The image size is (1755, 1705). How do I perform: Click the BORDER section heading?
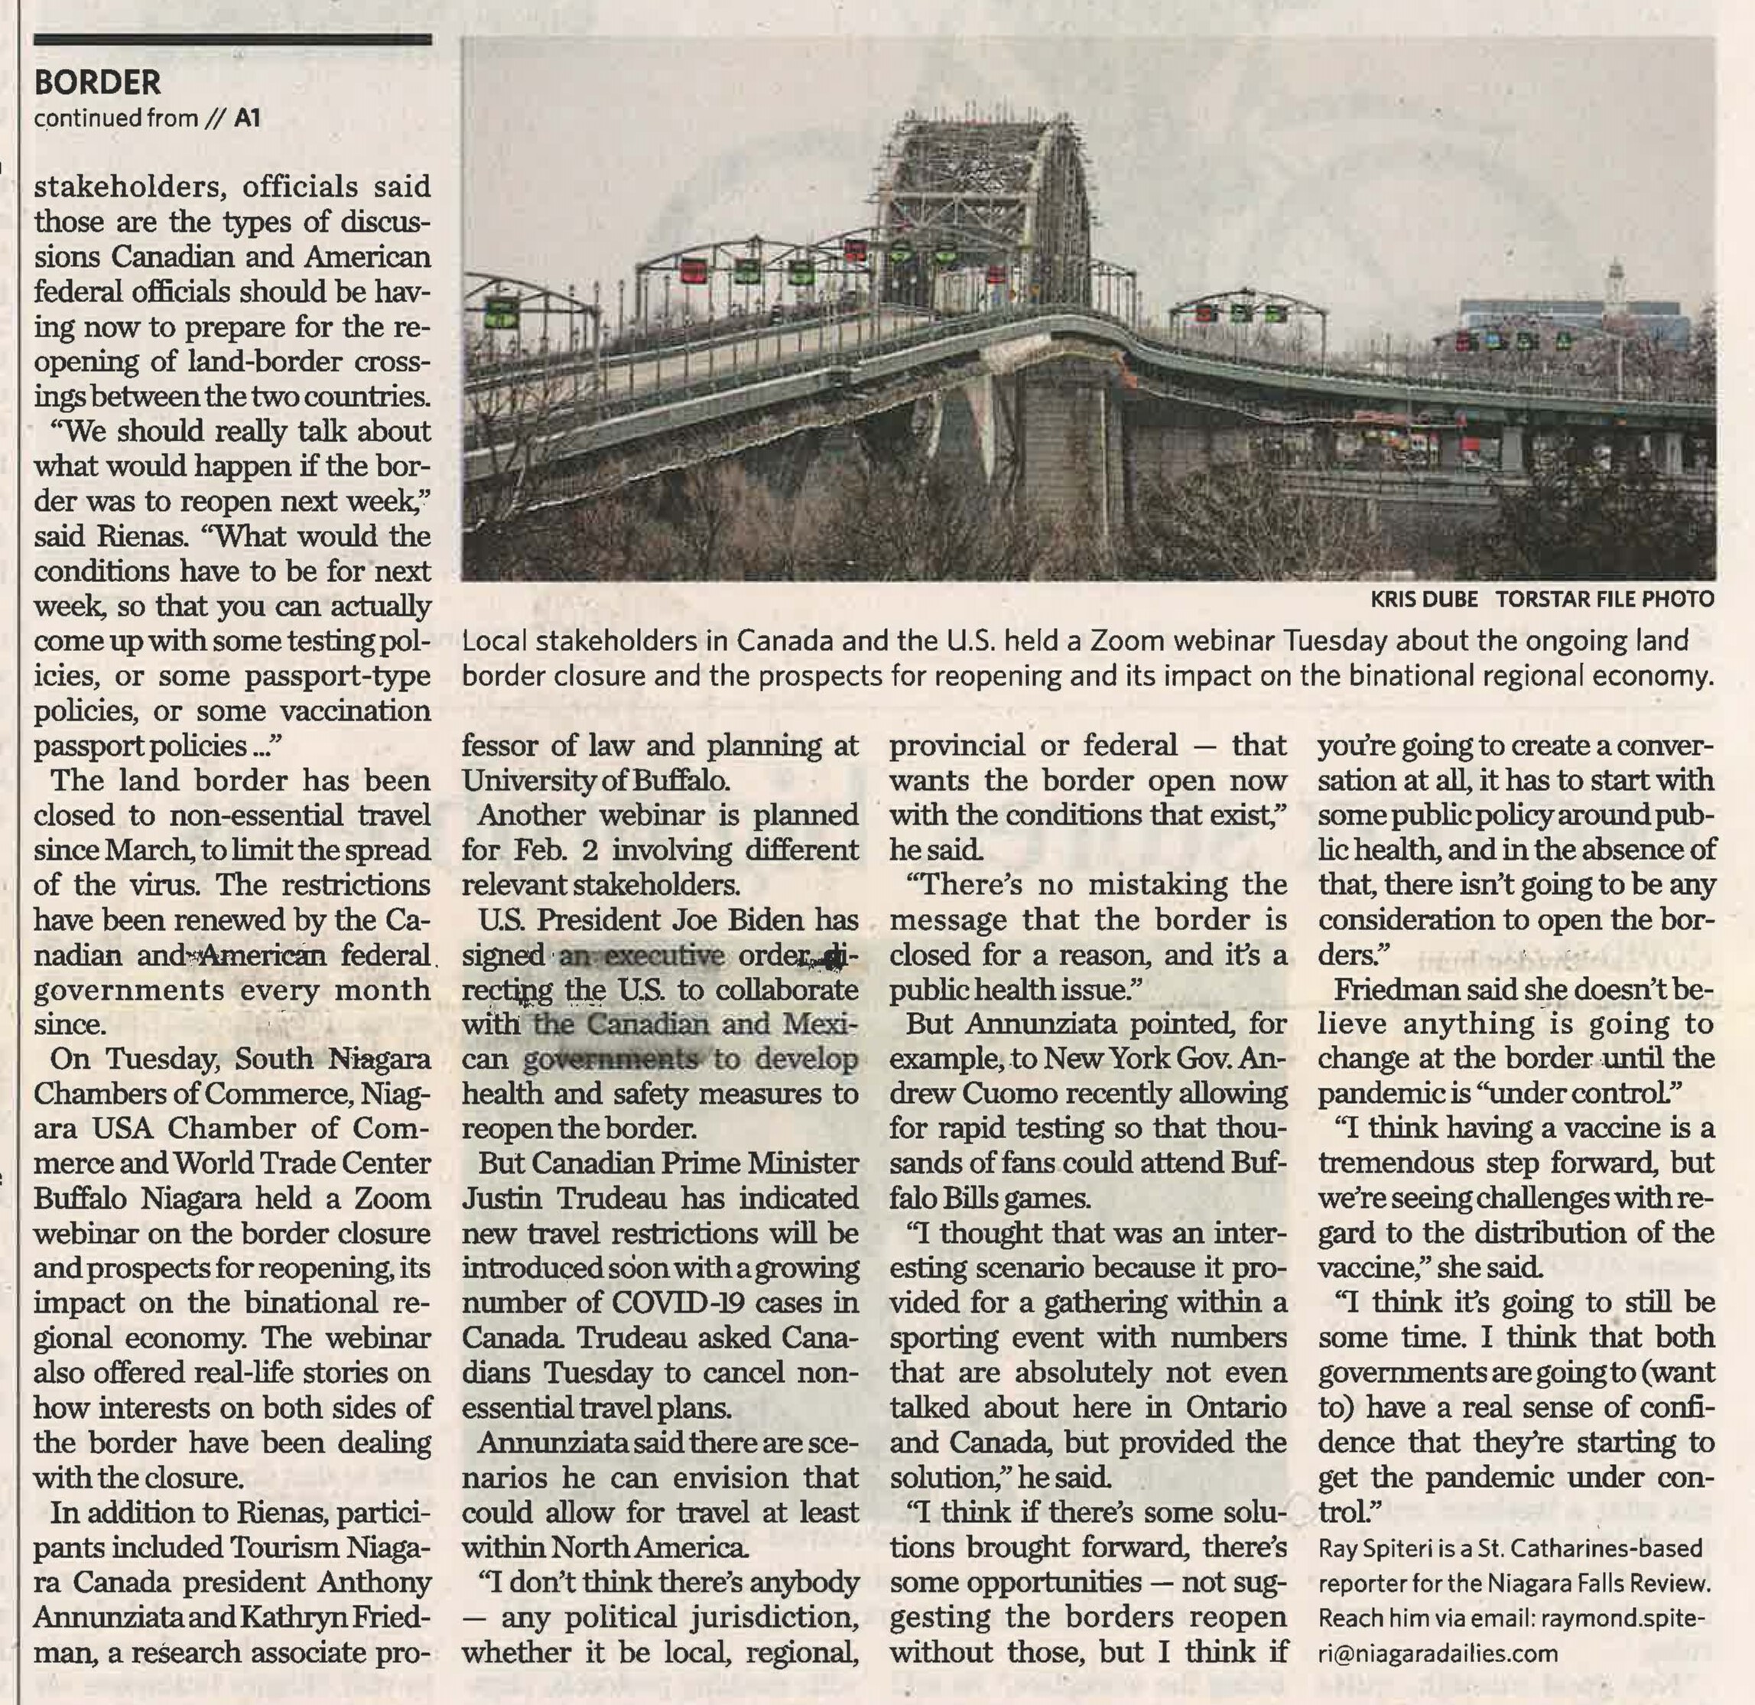[96, 83]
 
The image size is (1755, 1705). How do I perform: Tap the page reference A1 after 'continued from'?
[247, 119]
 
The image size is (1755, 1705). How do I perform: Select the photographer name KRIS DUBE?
[1424, 600]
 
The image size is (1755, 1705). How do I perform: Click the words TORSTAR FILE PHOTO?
[1604, 600]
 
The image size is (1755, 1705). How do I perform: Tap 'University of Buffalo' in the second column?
[596, 781]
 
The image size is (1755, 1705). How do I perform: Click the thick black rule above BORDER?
[232, 41]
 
